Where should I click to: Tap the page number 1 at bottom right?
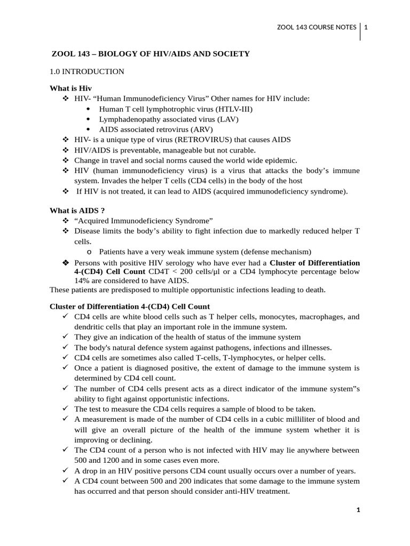[359, 510]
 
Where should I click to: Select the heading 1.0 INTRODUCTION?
[86, 71]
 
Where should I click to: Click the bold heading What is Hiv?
[71, 88]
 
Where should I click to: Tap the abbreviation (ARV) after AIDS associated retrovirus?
[201, 129]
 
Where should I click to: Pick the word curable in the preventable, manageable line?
[242, 150]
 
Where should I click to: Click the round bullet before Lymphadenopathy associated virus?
[88, 119]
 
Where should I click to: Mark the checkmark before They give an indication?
[65, 338]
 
